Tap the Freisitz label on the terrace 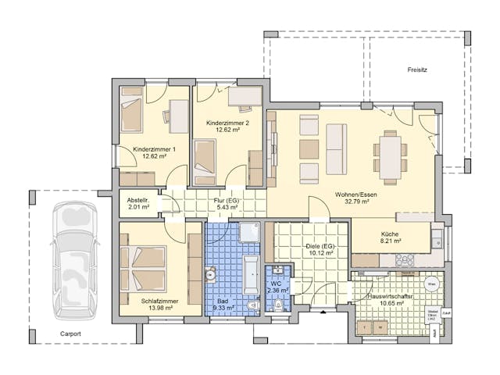417,70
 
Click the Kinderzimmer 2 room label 227,123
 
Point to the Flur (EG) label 226,200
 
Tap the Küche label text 391,234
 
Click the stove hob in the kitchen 405,260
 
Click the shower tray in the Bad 250,232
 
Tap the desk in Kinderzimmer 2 245,97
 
